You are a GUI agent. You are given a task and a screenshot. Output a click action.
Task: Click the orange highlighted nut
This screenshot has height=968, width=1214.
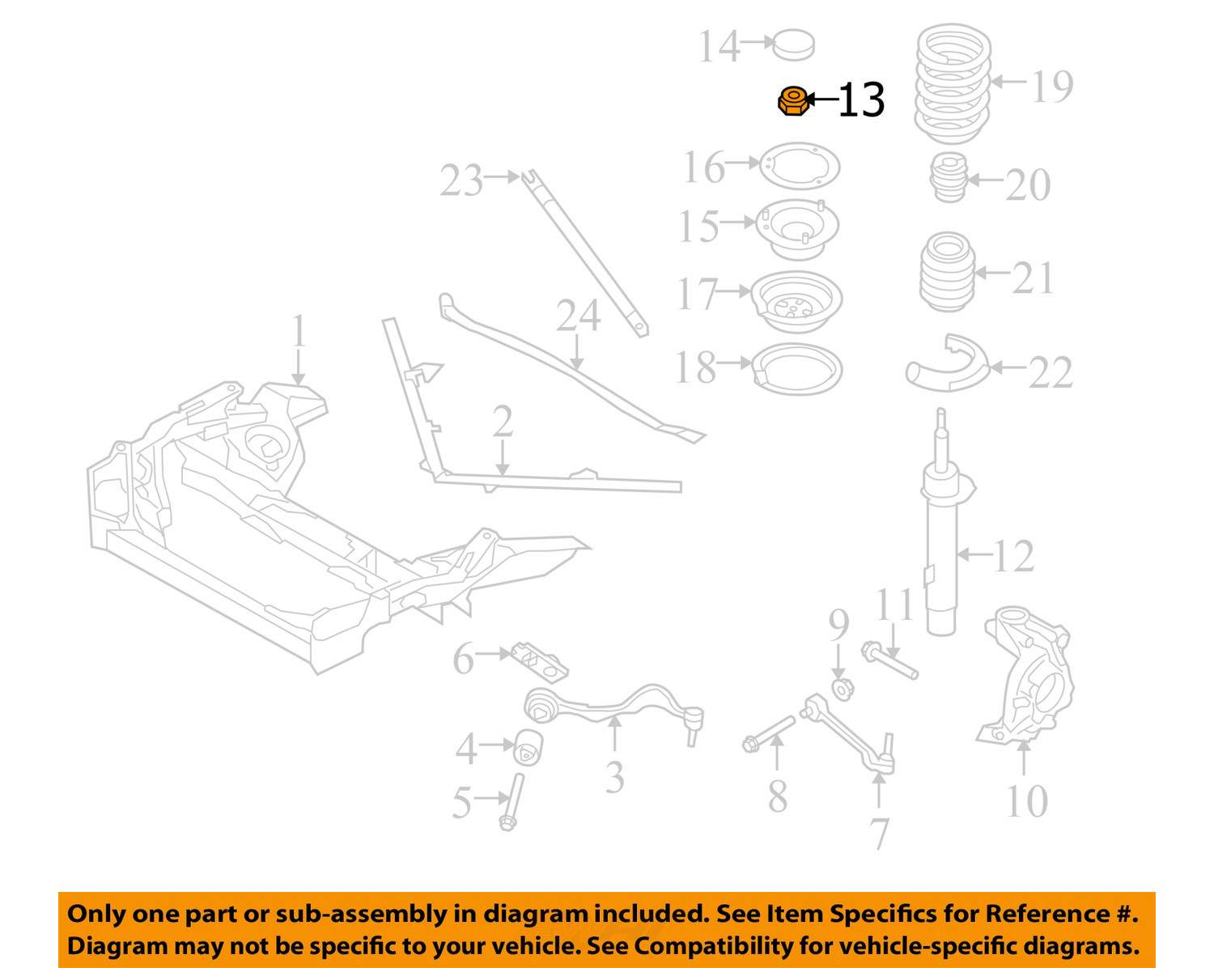[x=792, y=101]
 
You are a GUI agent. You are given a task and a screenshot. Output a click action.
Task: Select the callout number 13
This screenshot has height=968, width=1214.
[x=861, y=101]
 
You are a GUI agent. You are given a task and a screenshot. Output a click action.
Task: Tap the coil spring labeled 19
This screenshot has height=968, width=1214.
[x=952, y=83]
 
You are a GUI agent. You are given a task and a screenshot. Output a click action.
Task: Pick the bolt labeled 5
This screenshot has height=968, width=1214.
[x=511, y=801]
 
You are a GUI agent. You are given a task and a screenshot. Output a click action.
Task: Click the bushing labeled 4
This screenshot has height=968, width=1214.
[x=528, y=747]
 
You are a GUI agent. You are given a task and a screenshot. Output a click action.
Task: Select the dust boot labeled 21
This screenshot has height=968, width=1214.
[x=947, y=271]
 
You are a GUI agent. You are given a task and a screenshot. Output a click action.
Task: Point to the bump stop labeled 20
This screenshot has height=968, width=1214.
[x=949, y=177]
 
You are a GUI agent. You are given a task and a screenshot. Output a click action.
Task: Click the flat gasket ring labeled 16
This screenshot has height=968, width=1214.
[x=800, y=167]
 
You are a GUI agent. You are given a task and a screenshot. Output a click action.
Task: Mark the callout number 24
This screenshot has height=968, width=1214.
[x=578, y=316]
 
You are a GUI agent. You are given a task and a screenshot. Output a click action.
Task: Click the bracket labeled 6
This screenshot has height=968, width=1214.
[x=539, y=662]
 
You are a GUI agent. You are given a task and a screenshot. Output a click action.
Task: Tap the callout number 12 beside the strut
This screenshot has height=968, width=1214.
[x=1013, y=556]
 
